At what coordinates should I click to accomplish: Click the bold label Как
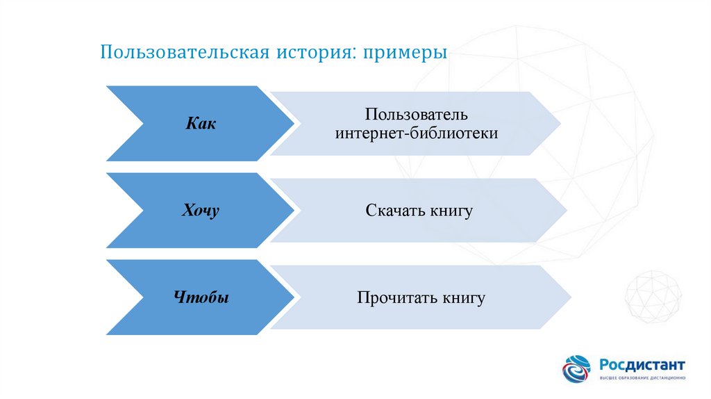[x=200, y=124]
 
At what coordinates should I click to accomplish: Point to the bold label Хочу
[x=200, y=211]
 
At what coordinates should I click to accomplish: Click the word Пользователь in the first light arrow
[x=417, y=113]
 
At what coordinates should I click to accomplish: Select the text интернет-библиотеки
[x=417, y=133]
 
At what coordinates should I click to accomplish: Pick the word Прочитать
[x=396, y=299]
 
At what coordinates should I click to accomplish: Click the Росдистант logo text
[x=642, y=364]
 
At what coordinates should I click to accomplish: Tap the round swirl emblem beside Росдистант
[x=577, y=369]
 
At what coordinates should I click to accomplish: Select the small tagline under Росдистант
[x=642, y=377]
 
